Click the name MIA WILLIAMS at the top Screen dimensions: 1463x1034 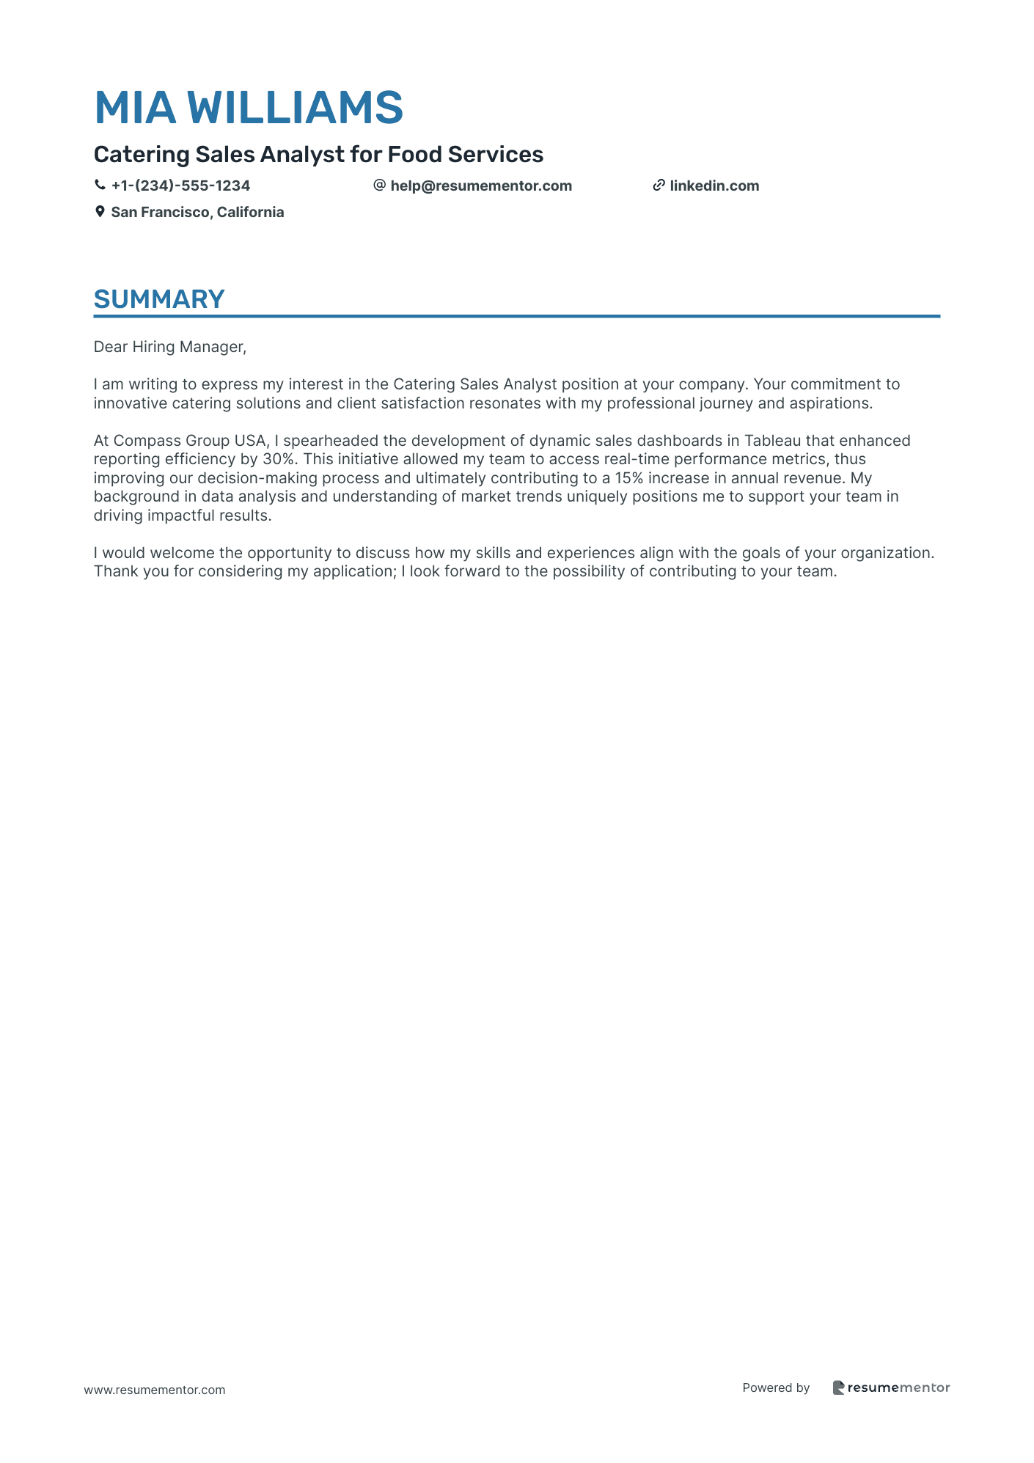249,107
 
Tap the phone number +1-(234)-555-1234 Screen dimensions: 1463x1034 180,186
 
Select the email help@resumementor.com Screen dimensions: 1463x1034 480,186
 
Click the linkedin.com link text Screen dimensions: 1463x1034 714,186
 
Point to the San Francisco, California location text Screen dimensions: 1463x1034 197,212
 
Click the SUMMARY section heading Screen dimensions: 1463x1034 159,299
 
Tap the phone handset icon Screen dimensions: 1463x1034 100,186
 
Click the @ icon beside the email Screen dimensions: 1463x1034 379,186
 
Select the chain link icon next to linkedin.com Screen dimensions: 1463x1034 659,186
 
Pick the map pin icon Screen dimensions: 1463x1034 100,212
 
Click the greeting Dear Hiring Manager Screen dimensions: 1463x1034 169,347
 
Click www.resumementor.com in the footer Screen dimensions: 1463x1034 155,1390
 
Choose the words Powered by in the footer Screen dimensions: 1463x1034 776,1387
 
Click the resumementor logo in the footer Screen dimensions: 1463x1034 891,1387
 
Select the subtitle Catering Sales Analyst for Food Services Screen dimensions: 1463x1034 318,155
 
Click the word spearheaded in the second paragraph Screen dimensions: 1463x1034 330,441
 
